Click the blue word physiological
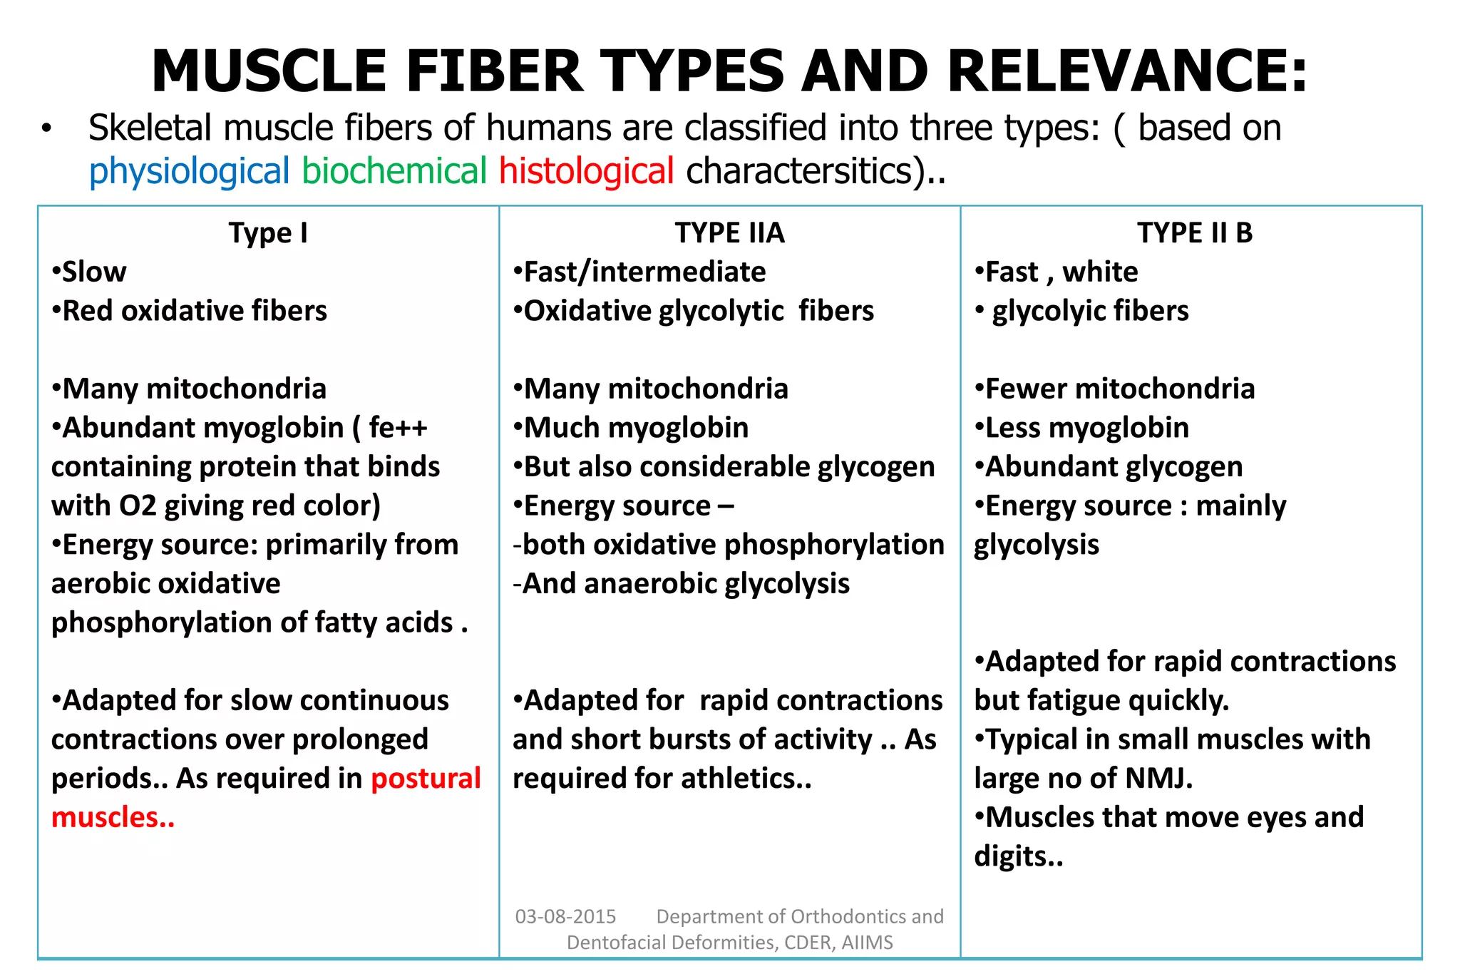(x=189, y=172)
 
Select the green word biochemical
(x=394, y=172)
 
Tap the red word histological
(x=586, y=172)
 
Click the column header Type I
(x=268, y=233)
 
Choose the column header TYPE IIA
(x=729, y=233)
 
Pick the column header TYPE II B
(x=1194, y=233)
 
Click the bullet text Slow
(x=94, y=272)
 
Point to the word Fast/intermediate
(x=644, y=272)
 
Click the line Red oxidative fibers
(x=195, y=311)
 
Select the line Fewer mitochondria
(x=1119, y=389)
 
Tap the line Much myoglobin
(x=636, y=428)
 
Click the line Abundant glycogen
(x=1114, y=467)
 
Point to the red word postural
(x=426, y=779)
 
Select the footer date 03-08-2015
(x=565, y=916)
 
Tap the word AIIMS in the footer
(x=867, y=943)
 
